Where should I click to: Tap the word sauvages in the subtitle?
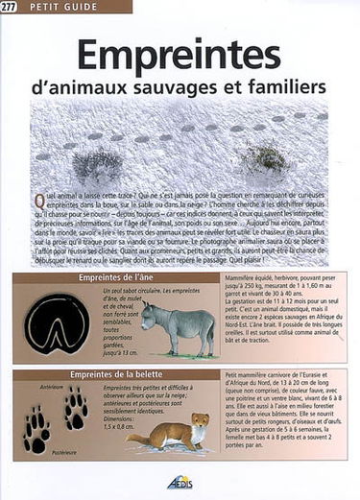point(204,86)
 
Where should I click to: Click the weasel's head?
point(201,420)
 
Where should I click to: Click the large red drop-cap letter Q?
point(38,200)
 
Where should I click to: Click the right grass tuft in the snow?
point(269,155)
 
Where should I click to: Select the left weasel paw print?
point(37,428)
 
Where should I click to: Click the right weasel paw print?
point(75,407)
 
